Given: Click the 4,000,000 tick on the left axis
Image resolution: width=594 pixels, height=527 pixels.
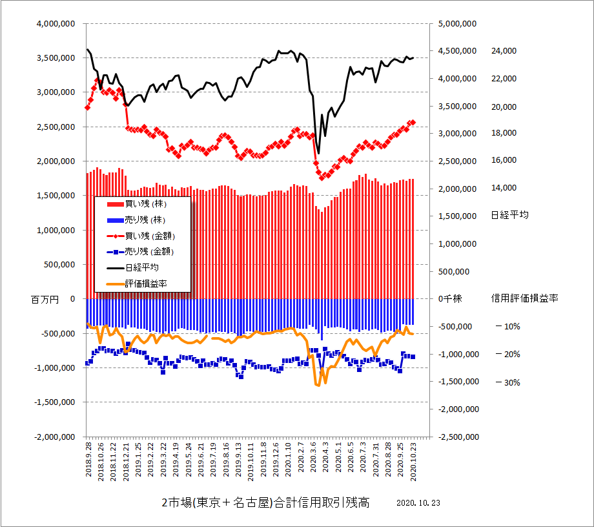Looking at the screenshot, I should [55, 23].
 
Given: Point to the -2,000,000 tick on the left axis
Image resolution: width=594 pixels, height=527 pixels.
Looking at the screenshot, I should [54, 437].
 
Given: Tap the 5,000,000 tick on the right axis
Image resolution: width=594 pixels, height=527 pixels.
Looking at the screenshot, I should [457, 23].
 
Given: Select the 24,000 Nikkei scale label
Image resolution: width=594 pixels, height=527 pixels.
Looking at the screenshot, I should [504, 50].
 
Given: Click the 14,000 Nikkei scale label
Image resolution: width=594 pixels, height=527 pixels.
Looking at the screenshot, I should [504, 188].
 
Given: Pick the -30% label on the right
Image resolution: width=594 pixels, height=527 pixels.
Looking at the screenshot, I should [507, 382].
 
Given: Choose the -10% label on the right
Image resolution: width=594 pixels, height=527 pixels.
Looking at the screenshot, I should [507, 327].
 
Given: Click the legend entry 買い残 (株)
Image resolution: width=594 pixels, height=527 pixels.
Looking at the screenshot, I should [143, 203].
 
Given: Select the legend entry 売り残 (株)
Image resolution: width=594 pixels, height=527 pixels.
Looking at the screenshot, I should [143, 220].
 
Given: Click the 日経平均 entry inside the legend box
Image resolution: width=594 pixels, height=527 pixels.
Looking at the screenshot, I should [142, 267].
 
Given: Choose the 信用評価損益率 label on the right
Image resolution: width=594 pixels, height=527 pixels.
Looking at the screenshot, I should [524, 298].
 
